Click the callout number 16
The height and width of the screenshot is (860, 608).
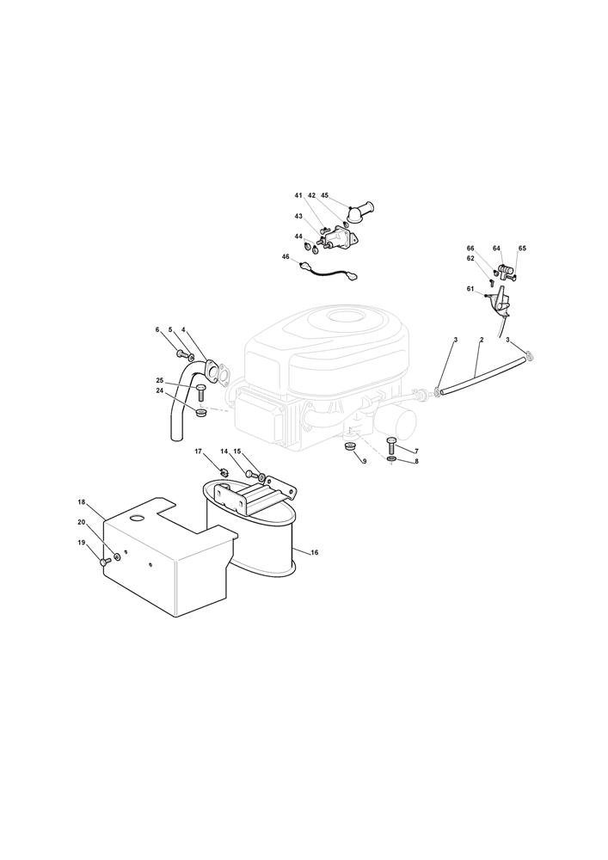coord(314,552)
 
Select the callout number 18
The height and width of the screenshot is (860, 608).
coord(82,502)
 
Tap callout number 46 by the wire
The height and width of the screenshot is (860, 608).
coord(286,256)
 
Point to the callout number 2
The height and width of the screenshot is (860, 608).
coord(482,340)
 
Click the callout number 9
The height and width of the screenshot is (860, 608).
coord(365,461)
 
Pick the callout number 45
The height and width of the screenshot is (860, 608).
coord(324,195)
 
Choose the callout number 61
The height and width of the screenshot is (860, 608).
coord(470,288)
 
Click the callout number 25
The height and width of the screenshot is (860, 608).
coord(160,380)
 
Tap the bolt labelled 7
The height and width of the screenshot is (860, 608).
coord(391,441)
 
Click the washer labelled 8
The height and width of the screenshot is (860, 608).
coord(390,458)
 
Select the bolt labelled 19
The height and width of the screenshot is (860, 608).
coord(105,561)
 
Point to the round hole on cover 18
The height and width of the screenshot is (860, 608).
coord(136,518)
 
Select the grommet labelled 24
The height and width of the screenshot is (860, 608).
coord(201,411)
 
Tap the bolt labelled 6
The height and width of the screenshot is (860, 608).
coord(181,352)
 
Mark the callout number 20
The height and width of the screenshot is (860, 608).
coord(82,522)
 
